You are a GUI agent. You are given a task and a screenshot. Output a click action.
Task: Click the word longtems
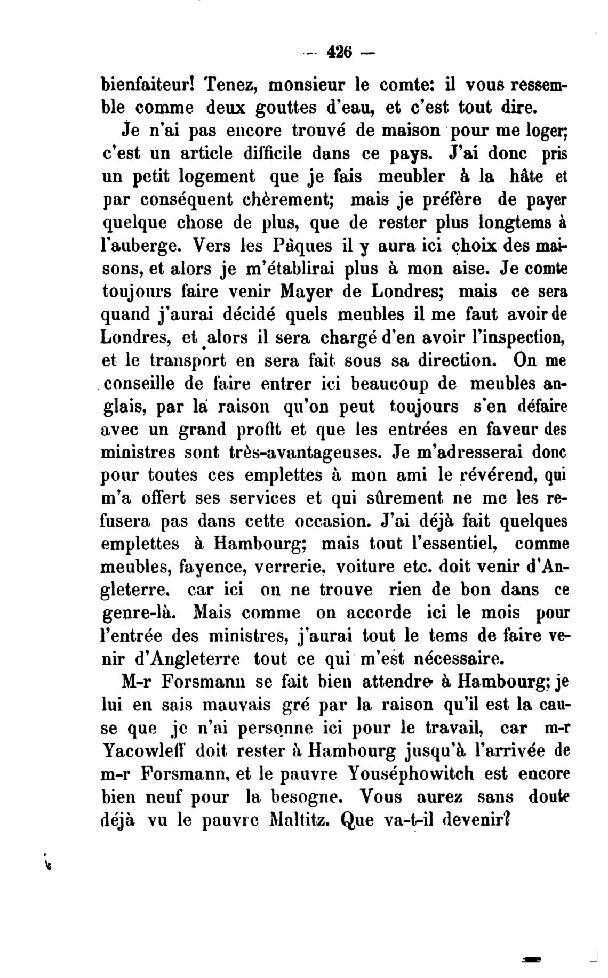(513, 222)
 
